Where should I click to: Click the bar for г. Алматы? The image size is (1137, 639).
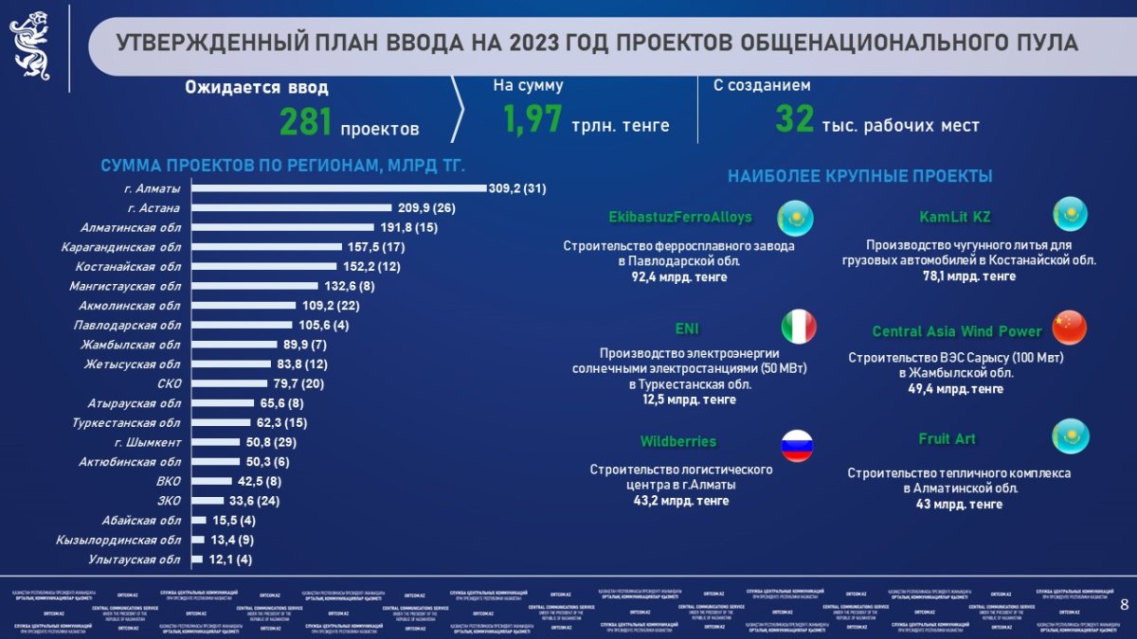coord(338,187)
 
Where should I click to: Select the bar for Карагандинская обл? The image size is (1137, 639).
coord(266,246)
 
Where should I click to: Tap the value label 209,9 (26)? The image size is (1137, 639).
coord(425,207)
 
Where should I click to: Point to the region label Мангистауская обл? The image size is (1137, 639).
coord(124,286)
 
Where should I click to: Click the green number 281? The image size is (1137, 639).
coord(304,122)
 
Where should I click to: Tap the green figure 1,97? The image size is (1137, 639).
coord(532,120)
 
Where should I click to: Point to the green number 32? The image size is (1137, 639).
coord(795,120)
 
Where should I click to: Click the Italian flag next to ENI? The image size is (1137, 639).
coord(798,328)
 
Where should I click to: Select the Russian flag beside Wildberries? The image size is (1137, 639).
coord(798,444)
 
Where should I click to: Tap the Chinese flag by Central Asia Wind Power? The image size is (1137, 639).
coord(1070,328)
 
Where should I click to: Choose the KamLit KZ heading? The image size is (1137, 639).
coord(954,217)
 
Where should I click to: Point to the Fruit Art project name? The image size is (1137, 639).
coord(947,438)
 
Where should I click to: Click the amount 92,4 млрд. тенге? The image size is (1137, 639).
coord(679,277)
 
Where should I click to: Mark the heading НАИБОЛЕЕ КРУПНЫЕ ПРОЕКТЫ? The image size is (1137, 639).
coord(859,176)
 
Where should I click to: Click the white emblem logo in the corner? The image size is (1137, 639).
coord(30,44)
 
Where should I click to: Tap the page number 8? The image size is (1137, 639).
coord(1125,605)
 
